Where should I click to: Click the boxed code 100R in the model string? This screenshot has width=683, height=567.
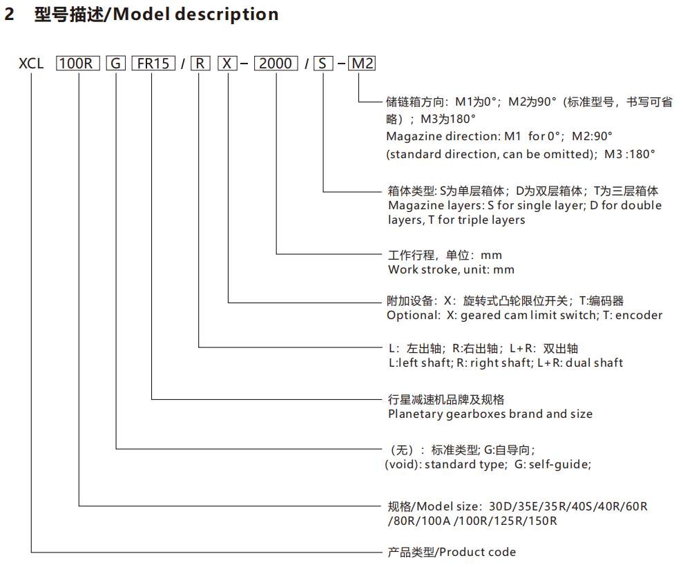(x=77, y=64)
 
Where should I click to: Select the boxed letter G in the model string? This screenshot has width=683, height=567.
(x=115, y=64)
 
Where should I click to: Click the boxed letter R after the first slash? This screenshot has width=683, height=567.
(x=199, y=64)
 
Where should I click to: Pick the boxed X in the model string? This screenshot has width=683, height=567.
(x=227, y=64)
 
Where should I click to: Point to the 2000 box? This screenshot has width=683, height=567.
(x=276, y=64)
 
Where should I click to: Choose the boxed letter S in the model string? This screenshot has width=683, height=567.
(x=323, y=64)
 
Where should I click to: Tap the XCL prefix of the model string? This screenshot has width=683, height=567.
(x=31, y=64)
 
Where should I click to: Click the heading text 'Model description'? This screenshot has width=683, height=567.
(x=195, y=15)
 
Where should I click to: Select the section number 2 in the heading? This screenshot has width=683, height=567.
(x=10, y=15)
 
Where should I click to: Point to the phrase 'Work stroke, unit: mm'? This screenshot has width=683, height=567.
(x=451, y=269)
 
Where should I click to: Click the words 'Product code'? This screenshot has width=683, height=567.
(x=477, y=552)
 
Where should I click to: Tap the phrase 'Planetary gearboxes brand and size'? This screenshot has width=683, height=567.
(x=490, y=414)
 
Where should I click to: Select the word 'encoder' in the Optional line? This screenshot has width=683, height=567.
(x=639, y=315)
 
